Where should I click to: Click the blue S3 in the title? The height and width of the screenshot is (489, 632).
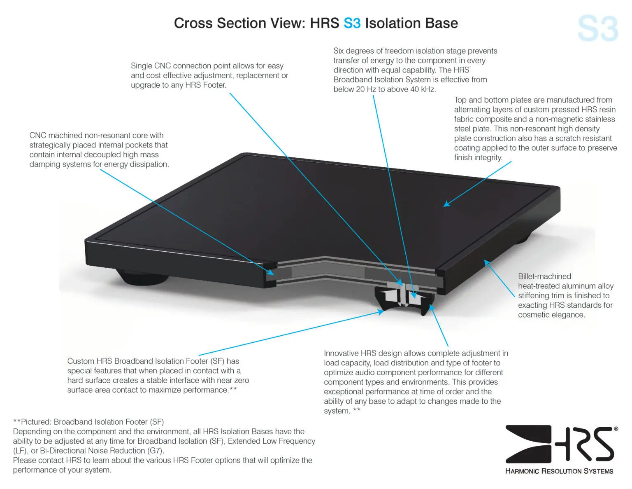click(x=352, y=23)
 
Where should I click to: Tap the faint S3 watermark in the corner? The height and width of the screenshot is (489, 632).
click(x=597, y=29)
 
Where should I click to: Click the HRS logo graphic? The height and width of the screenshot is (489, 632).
click(x=560, y=444)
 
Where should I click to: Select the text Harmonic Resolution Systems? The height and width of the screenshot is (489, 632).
click(x=559, y=471)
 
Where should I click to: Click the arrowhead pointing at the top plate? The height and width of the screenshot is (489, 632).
click(x=447, y=204)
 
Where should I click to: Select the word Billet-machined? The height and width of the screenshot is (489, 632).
click(x=544, y=276)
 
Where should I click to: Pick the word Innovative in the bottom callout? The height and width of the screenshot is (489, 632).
click(x=341, y=353)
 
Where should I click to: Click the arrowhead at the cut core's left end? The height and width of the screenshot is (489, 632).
click(x=271, y=272)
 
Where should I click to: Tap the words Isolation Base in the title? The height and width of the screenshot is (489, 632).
click(x=411, y=23)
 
